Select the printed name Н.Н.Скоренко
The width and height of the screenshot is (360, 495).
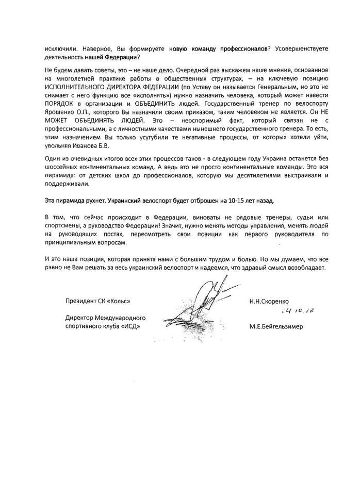click(270, 301)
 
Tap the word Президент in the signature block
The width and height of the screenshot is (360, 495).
click(81, 301)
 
